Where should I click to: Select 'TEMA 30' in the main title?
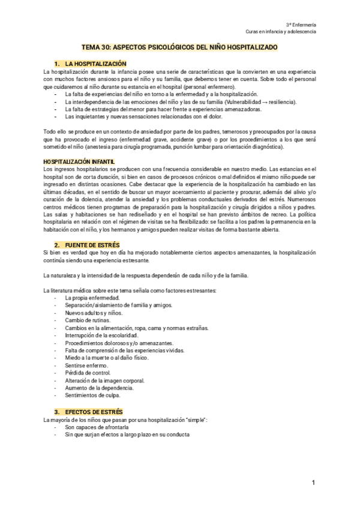point(96,47)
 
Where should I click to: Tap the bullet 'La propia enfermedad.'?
point(92,298)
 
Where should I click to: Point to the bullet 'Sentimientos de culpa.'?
point(92,396)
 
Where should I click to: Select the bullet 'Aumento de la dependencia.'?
point(98,388)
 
